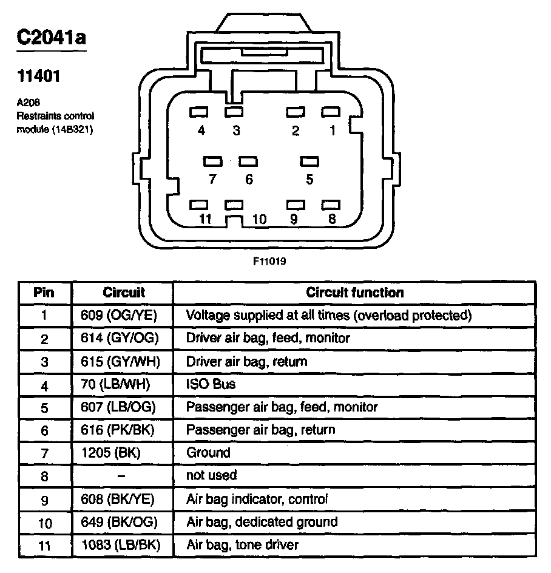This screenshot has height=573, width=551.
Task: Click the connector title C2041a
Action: (x=51, y=38)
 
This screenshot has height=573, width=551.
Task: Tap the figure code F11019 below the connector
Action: (x=269, y=262)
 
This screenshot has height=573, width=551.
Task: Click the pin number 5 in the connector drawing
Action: (x=309, y=180)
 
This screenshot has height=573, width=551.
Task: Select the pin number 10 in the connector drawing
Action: (x=259, y=219)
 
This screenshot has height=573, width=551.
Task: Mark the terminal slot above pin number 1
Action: (x=330, y=112)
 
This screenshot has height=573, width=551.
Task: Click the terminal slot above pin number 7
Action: (x=212, y=161)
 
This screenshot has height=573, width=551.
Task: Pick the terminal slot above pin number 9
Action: (x=294, y=205)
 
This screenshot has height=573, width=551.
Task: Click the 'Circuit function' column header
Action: (x=354, y=293)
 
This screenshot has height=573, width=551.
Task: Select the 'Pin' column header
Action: (x=44, y=293)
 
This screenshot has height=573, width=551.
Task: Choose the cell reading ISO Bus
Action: (x=211, y=384)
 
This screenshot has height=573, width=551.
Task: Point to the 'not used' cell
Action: (x=211, y=475)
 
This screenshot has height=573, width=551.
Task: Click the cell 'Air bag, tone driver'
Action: (x=242, y=544)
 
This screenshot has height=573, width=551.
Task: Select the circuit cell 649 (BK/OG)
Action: (x=119, y=522)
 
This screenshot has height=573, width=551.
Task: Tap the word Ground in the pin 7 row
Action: (x=208, y=453)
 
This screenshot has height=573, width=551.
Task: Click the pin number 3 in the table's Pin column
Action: (x=44, y=362)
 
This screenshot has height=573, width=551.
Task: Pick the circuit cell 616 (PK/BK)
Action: (x=118, y=430)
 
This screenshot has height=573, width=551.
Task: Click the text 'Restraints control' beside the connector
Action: (x=55, y=115)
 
